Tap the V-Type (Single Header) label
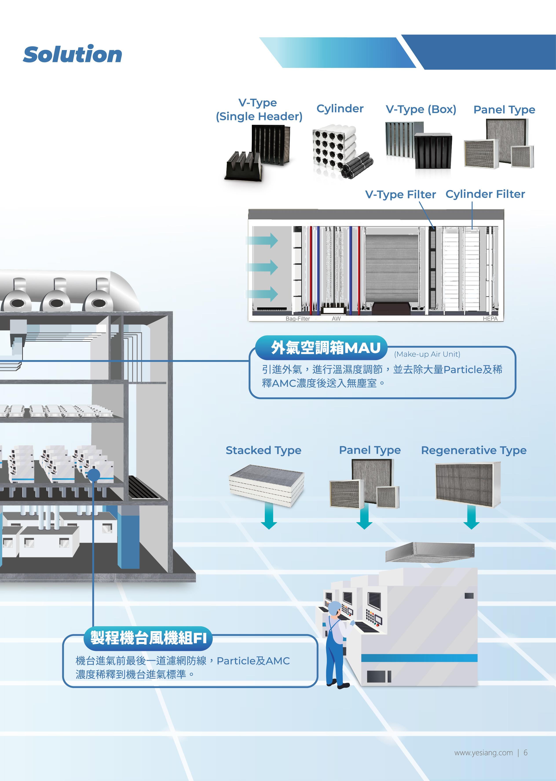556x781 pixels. (x=259, y=109)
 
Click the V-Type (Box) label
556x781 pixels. (x=421, y=109)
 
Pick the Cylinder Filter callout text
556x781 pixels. (x=485, y=194)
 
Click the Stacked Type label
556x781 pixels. (x=263, y=450)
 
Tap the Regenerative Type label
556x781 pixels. (x=474, y=450)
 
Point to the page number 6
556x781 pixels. (x=525, y=753)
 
